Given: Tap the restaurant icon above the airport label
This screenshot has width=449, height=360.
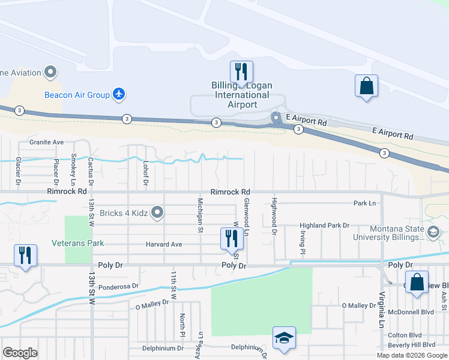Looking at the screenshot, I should (x=241, y=72).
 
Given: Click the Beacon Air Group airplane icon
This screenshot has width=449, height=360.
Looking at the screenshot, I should (x=119, y=94).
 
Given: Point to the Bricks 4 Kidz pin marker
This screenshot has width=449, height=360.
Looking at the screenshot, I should (x=157, y=212).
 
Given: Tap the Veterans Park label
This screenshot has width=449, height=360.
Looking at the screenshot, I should (x=77, y=243).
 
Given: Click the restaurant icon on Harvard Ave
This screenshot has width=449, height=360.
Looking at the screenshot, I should (x=231, y=238).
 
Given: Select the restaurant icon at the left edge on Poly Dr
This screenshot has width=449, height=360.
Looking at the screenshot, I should (x=25, y=256).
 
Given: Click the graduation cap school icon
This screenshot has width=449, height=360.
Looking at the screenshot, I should (x=284, y=338).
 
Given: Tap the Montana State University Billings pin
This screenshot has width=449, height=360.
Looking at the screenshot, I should (x=432, y=232).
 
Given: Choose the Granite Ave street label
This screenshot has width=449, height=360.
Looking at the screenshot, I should (x=47, y=142).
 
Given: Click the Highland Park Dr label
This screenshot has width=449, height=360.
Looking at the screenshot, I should (x=325, y=226).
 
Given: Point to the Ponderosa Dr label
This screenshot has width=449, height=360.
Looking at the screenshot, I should (x=118, y=287).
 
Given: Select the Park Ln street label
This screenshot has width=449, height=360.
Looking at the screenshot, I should (x=365, y=203).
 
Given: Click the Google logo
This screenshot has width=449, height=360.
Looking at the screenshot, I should (x=20, y=353).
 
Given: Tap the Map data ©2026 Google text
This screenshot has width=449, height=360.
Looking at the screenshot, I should (x=412, y=355).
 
